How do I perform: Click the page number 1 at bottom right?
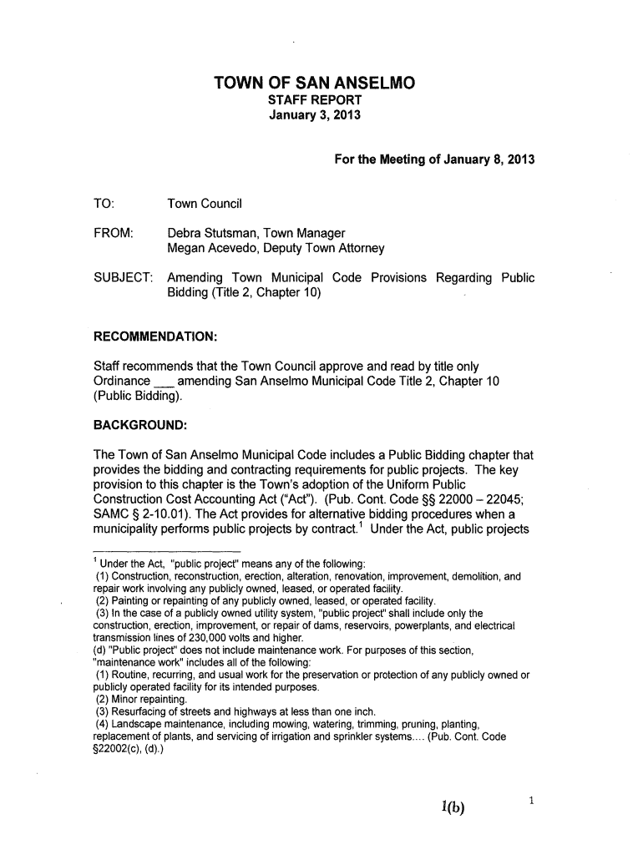[x=530, y=802]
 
